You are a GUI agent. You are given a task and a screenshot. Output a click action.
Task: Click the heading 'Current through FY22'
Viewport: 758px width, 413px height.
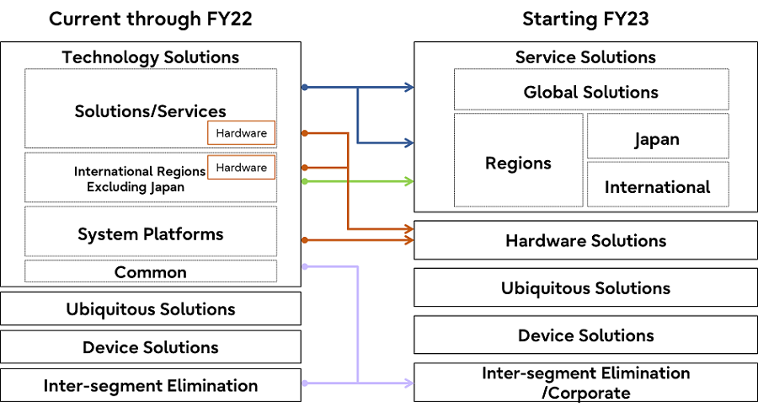click(x=150, y=19)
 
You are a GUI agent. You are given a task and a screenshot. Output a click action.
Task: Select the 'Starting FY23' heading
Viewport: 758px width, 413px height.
click(x=585, y=19)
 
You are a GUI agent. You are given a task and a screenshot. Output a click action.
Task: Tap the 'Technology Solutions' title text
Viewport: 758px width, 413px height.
click(x=150, y=57)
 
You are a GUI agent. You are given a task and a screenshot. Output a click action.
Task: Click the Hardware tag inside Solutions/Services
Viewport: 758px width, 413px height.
click(x=241, y=133)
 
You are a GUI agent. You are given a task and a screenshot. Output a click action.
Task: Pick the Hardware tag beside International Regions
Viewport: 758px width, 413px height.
click(x=241, y=168)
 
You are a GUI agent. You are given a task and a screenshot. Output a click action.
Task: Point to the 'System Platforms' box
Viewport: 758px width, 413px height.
click(x=151, y=233)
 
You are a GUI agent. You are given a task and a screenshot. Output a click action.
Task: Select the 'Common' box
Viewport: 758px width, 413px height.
click(x=151, y=272)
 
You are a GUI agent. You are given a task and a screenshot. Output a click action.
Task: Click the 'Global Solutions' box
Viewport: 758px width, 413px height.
click(x=590, y=92)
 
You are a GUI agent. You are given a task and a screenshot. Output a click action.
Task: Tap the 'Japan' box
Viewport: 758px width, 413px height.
click(x=657, y=139)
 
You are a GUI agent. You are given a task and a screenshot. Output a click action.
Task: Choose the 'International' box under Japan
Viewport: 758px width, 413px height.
click(x=657, y=187)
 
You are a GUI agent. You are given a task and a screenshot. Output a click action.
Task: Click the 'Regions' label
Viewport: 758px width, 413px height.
click(x=518, y=163)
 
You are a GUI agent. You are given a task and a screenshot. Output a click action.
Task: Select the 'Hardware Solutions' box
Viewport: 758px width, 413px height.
click(x=585, y=240)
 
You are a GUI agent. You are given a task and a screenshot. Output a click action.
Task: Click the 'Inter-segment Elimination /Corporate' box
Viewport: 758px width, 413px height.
click(x=585, y=382)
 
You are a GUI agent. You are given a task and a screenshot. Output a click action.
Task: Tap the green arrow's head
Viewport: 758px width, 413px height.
click(x=409, y=181)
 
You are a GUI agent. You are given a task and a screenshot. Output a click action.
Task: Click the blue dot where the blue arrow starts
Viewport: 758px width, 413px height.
click(x=304, y=87)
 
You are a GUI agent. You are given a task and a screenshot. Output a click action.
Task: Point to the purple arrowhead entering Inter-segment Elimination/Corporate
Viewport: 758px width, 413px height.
click(x=409, y=383)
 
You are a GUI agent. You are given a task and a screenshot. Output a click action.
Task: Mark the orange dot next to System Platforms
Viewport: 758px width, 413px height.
click(x=304, y=240)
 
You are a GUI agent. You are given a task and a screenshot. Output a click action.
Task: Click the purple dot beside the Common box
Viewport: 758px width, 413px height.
click(x=304, y=266)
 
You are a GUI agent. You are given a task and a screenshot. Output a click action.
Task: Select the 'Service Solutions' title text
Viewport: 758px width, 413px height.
click(x=585, y=57)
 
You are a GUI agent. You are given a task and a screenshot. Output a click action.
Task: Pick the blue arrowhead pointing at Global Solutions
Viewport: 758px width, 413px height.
click(x=409, y=87)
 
